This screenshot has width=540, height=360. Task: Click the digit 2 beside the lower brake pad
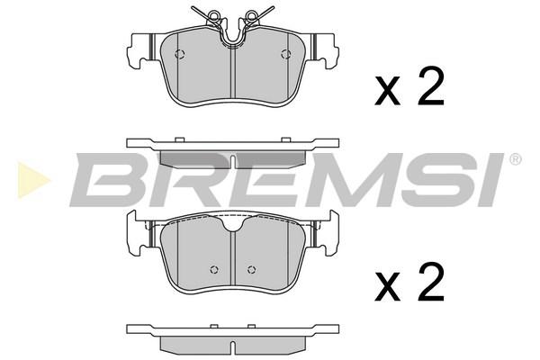[430, 281]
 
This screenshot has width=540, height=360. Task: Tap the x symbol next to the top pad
[388, 92]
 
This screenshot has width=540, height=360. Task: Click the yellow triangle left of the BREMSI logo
[33, 180]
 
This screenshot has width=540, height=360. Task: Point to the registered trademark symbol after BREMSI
[515, 160]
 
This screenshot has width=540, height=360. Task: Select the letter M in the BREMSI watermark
[352, 179]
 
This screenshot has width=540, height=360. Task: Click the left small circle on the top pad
[179, 54]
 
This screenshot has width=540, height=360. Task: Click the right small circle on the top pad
[285, 54]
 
